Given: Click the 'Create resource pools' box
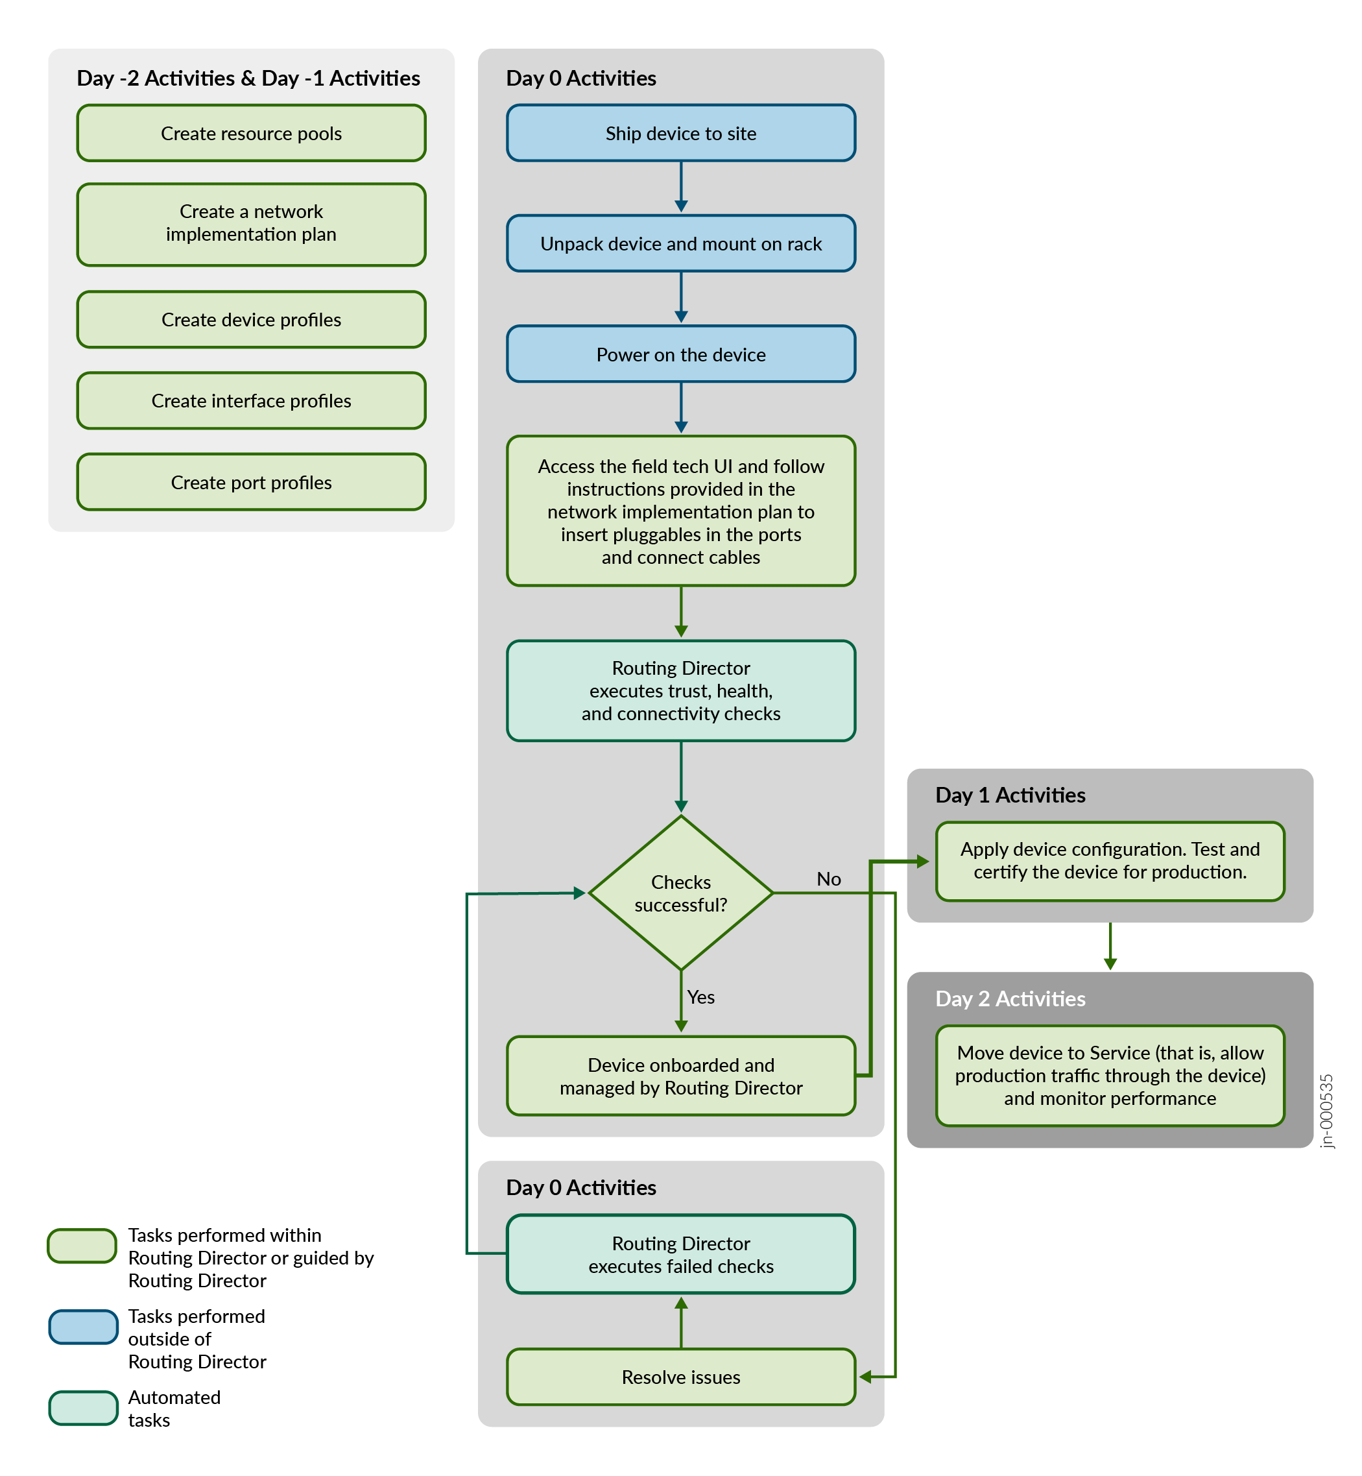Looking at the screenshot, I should [252, 134].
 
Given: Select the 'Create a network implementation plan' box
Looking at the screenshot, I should [252, 223].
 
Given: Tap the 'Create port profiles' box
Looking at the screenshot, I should [252, 482].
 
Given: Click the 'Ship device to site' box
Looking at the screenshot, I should [680, 134].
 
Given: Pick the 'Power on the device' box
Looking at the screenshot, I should [680, 355].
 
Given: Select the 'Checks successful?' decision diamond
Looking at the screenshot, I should [680, 893].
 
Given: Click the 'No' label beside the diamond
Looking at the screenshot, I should [828, 879].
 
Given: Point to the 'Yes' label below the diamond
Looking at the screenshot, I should [701, 997].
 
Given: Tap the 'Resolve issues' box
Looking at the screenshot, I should [680, 1377].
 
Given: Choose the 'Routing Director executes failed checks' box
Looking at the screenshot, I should [680, 1254].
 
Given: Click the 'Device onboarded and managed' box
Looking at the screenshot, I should [680, 1076].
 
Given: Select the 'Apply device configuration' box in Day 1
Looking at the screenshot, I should [1109, 860].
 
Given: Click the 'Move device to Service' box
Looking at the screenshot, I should [1109, 1075].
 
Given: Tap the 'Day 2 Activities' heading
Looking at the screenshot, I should [1010, 998].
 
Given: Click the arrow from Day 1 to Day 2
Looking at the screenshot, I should [1110, 946].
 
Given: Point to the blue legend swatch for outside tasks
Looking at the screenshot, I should [83, 1326].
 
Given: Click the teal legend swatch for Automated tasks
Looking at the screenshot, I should [83, 1407].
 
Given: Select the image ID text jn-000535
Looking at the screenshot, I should [1326, 1110].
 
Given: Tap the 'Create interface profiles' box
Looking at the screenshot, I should [252, 400].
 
